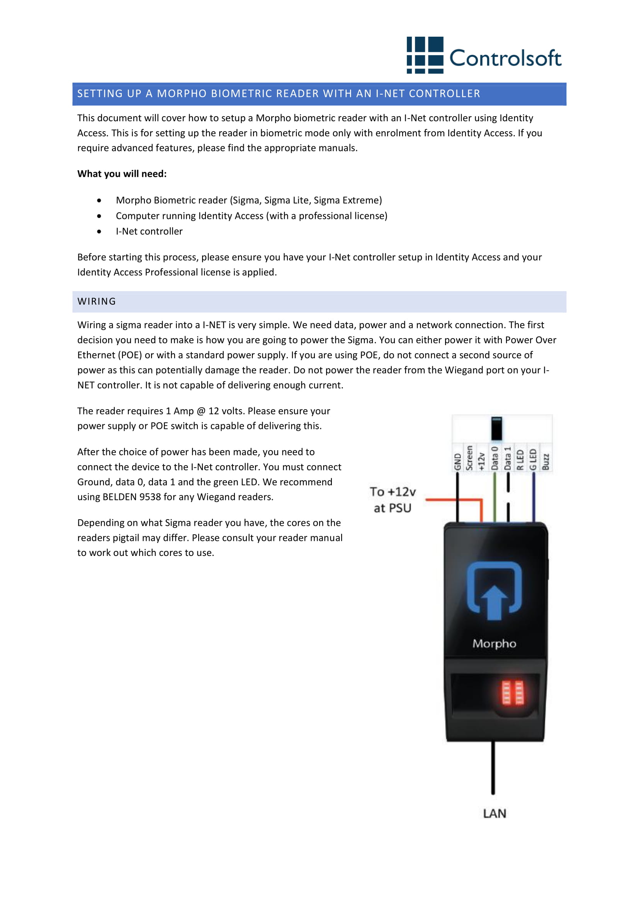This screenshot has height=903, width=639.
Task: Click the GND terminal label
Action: coord(457,461)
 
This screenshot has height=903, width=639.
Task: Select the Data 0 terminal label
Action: coord(495,458)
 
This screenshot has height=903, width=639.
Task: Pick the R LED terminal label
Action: coord(520,460)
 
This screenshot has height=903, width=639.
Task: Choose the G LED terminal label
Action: coord(533,459)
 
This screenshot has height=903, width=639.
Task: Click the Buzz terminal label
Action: coord(546,462)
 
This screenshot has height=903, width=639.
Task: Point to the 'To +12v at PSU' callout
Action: coord(393,500)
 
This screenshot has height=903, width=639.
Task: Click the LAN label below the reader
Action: coord(495,813)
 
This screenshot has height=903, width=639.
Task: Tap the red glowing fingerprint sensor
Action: coord(513,693)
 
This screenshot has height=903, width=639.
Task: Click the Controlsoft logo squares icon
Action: coord(425,55)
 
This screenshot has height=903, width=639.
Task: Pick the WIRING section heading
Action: coord(97,302)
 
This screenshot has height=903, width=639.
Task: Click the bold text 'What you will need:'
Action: coord(122,174)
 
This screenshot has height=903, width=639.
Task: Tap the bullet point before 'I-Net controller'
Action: coord(99,232)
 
